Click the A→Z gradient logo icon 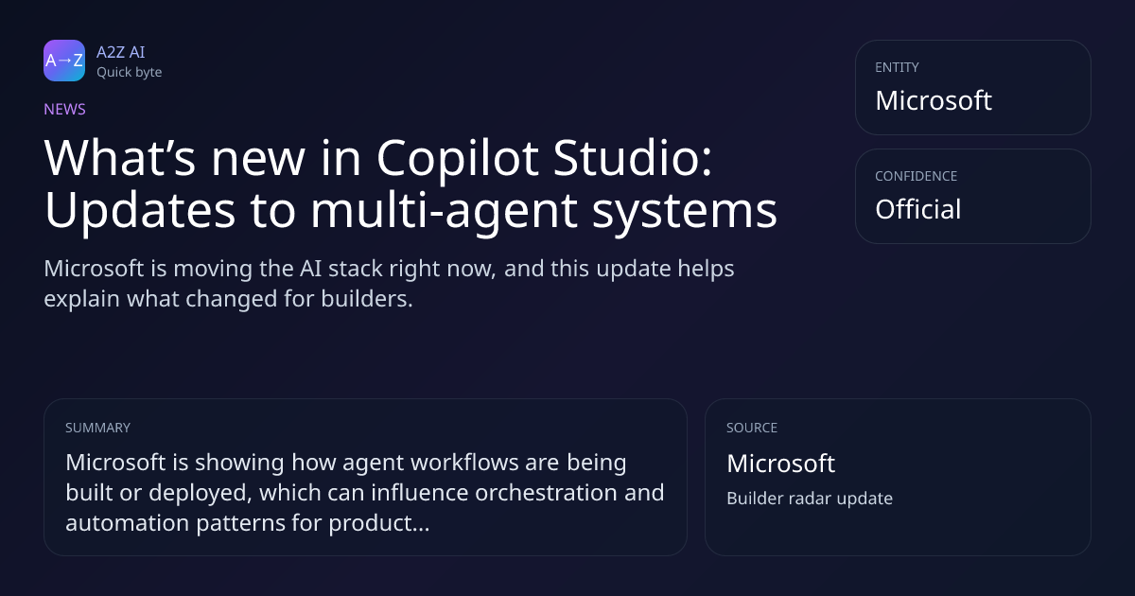64,61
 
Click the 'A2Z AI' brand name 121,52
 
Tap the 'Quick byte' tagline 130,72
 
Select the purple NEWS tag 65,109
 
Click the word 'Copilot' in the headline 458,159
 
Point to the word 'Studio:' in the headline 633,158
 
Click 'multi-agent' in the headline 444,211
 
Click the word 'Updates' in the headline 140,210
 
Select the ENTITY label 897,67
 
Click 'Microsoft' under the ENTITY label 934,100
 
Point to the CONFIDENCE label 917,176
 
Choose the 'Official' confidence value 918,209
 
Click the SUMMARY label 97,428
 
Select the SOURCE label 752,428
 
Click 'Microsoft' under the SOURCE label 781,464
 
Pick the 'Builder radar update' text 810,499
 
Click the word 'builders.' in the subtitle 367,299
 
